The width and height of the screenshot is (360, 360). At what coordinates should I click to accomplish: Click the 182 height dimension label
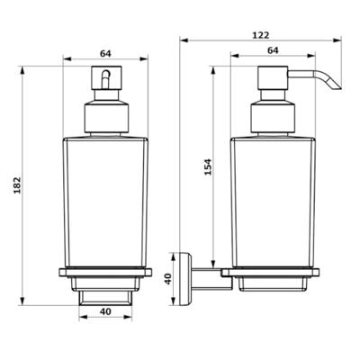point(18,185)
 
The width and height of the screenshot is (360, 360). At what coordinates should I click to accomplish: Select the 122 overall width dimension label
point(260,35)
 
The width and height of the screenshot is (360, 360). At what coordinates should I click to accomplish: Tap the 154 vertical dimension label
point(208,166)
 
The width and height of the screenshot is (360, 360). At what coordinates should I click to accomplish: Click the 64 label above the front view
point(105,54)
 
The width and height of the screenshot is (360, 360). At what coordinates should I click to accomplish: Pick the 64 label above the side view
point(273,50)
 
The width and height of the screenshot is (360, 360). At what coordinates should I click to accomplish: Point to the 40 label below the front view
point(105,311)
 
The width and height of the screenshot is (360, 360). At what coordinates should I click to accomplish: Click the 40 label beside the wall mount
point(168,279)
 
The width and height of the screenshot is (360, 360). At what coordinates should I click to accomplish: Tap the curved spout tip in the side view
point(337,86)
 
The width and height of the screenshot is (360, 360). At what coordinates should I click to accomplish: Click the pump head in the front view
point(106,77)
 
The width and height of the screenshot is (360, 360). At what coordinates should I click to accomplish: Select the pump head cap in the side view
point(273,77)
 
